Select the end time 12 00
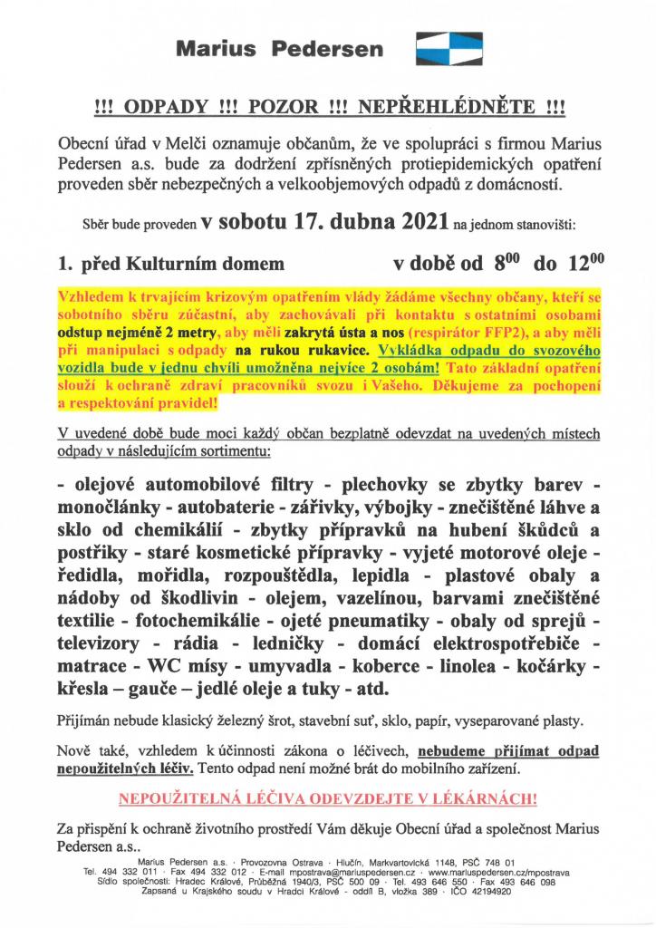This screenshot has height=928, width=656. [584, 264]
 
